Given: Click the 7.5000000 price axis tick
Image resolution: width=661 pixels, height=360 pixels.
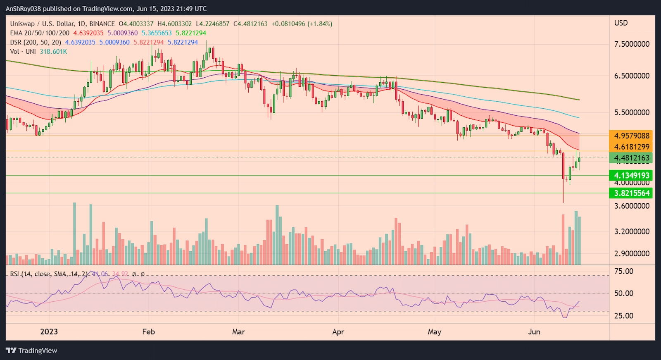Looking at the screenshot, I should [x=632, y=44].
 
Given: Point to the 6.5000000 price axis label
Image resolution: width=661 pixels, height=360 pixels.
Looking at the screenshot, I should [x=632, y=76].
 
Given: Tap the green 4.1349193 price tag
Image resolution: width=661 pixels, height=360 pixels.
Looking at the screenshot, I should [x=631, y=176].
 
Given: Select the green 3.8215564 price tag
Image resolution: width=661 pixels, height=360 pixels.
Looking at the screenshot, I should [x=631, y=193].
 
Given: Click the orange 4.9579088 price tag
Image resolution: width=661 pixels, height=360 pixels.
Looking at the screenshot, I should [x=631, y=136].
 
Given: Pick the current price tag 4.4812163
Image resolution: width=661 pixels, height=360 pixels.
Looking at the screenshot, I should [x=631, y=158].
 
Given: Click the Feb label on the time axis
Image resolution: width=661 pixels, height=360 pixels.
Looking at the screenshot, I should [x=148, y=332].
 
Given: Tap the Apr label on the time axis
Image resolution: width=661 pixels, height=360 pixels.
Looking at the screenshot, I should [x=338, y=332].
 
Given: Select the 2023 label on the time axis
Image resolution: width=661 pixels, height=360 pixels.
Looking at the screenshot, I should [x=49, y=332].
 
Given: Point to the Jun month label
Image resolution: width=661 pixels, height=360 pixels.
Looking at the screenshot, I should [x=534, y=332].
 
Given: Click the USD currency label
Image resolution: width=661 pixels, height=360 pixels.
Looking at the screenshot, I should [x=621, y=23].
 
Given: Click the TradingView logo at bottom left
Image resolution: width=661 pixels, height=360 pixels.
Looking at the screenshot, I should [x=32, y=350].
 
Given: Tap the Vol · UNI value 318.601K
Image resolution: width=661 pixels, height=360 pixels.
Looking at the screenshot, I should [x=53, y=52].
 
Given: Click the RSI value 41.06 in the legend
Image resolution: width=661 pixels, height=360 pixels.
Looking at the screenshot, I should [x=100, y=274].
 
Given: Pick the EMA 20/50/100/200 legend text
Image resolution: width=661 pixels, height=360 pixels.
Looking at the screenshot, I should [x=40, y=33].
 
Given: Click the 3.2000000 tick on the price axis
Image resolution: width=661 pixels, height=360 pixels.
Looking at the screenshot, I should [x=632, y=231].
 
